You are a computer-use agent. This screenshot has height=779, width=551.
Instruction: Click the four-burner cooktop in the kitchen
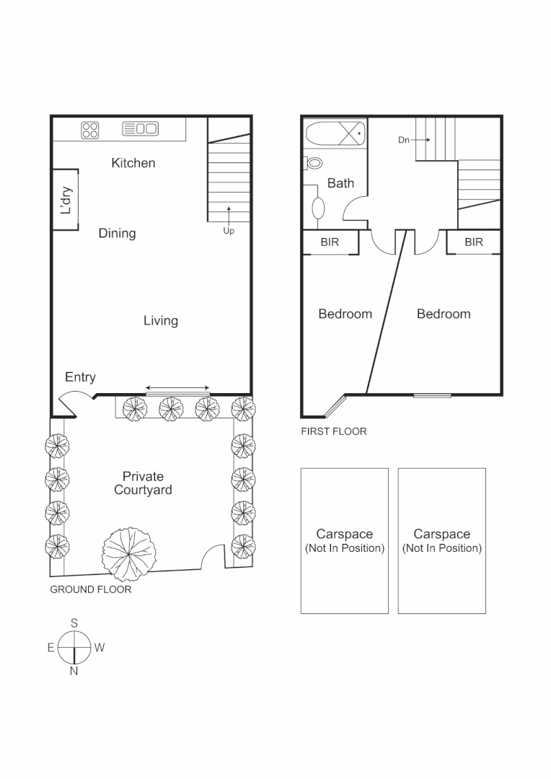[90, 129]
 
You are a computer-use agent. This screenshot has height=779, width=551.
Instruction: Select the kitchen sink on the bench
[140, 129]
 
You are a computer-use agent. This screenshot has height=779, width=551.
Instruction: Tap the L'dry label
[66, 201]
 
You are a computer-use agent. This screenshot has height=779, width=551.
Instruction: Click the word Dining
[117, 234]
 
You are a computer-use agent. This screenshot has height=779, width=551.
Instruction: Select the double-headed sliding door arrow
[177, 388]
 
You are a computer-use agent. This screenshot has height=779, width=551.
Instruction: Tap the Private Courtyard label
[143, 483]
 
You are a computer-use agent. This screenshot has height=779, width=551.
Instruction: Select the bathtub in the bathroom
[336, 134]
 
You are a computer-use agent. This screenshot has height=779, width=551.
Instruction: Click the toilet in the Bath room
[314, 164]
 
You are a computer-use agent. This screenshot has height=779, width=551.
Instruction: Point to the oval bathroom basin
[318, 208]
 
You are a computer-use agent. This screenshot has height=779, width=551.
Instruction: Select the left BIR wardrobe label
[330, 243]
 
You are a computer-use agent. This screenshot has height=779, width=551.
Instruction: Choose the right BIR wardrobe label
[474, 243]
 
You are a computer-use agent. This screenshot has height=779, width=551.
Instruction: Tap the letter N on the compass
[74, 672]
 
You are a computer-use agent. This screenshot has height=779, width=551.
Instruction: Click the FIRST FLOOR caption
[334, 432]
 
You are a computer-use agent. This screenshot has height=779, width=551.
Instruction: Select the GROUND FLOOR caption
[90, 589]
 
